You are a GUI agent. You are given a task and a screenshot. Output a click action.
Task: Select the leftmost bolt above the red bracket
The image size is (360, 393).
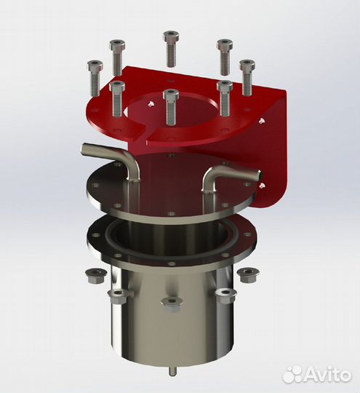[x=93, y=76]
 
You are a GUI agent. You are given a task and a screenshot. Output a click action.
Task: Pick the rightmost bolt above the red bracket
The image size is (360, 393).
[x=247, y=76]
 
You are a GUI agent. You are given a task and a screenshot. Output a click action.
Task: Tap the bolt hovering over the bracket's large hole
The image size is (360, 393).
[x=171, y=106]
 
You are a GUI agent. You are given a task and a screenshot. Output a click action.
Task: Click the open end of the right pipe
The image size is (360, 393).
[x=256, y=175]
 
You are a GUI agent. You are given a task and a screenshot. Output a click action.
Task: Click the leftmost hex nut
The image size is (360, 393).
[x=93, y=276]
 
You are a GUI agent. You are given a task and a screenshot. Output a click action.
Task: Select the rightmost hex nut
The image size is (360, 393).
[x=247, y=274]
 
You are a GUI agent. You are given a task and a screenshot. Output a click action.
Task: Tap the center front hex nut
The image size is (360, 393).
[x=170, y=303]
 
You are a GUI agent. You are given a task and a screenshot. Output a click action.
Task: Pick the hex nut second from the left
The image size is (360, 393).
[x=117, y=295]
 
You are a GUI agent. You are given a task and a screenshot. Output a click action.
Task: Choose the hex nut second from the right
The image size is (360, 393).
[x=225, y=295]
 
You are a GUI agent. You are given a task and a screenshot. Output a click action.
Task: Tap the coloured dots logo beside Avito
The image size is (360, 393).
[x=292, y=373]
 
